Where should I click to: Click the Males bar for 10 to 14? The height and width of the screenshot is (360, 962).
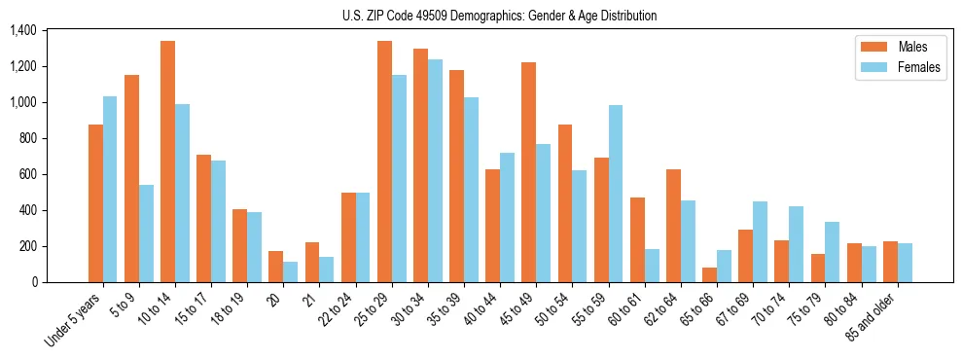167,162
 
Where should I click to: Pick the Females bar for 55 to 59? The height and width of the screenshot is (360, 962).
615,194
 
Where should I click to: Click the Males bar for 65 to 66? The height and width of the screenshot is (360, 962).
709,274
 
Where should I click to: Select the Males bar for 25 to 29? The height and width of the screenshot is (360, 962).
384,162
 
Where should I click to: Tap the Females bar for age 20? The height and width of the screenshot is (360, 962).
291,271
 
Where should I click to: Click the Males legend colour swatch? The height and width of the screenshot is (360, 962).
869,47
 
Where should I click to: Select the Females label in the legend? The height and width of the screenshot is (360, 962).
919,67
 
